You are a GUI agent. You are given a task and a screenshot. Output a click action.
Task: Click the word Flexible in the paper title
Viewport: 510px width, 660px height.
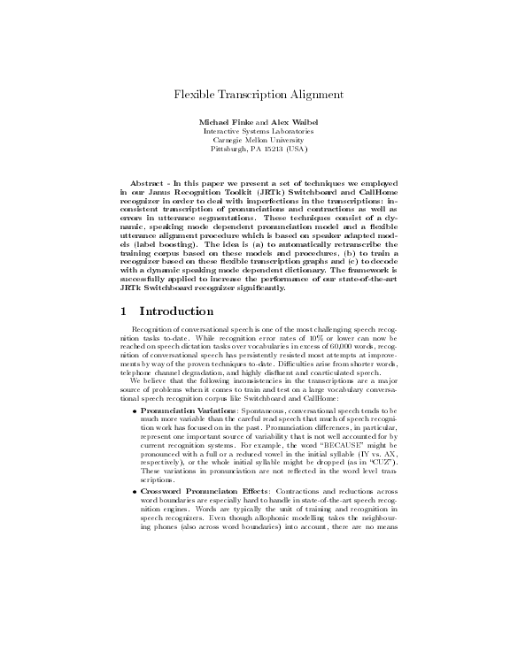point(193,94)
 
